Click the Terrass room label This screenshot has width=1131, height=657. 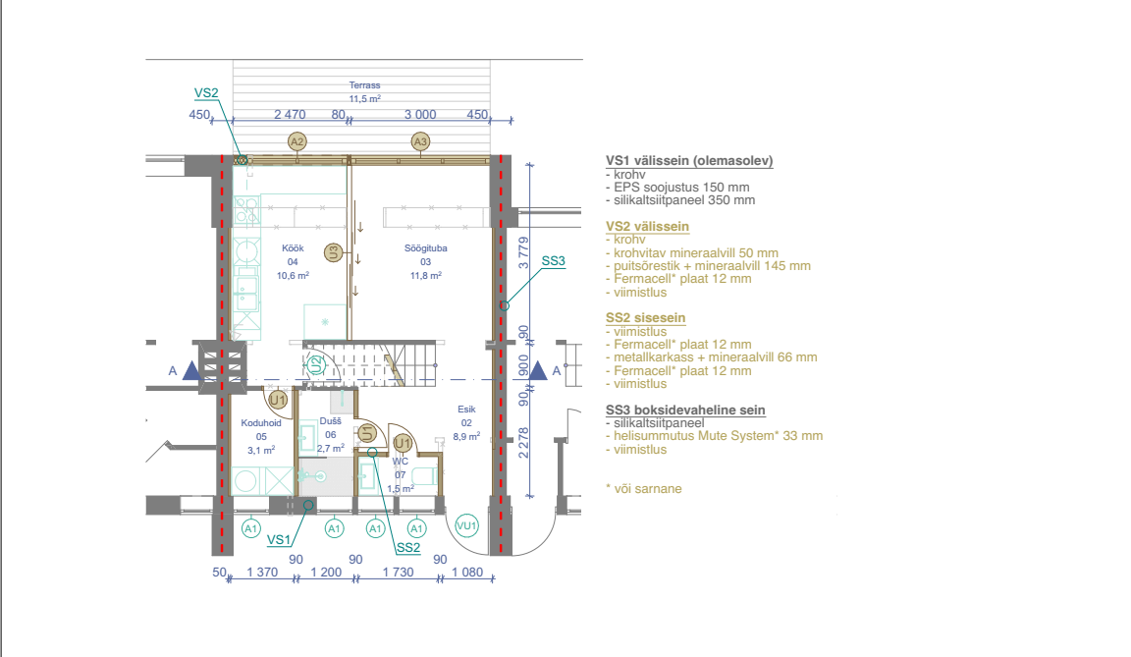tap(364, 85)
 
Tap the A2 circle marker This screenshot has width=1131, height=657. tap(296, 141)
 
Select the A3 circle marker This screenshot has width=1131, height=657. tap(420, 141)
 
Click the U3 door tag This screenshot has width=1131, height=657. tap(333, 252)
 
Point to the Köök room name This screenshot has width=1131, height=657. tap(293, 248)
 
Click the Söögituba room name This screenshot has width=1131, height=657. tap(425, 248)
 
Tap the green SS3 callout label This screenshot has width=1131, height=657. tap(554, 261)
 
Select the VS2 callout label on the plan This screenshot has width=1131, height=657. tap(205, 93)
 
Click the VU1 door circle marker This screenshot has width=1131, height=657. tap(466, 525)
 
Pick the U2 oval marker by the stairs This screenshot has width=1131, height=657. tap(315, 365)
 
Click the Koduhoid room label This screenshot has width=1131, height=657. tap(261, 422)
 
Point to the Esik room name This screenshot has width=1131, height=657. tap(466, 409)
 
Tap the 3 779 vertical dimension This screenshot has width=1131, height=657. tap(523, 253)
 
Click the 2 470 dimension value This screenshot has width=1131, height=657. tap(290, 115)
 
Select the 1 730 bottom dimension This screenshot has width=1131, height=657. tap(399, 572)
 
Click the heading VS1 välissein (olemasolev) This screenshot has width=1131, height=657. tap(689, 161)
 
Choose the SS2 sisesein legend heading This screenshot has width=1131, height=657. tap(646, 318)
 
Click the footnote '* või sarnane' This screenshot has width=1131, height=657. tap(644, 488)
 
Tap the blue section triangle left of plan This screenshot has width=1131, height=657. tap(191, 370)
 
